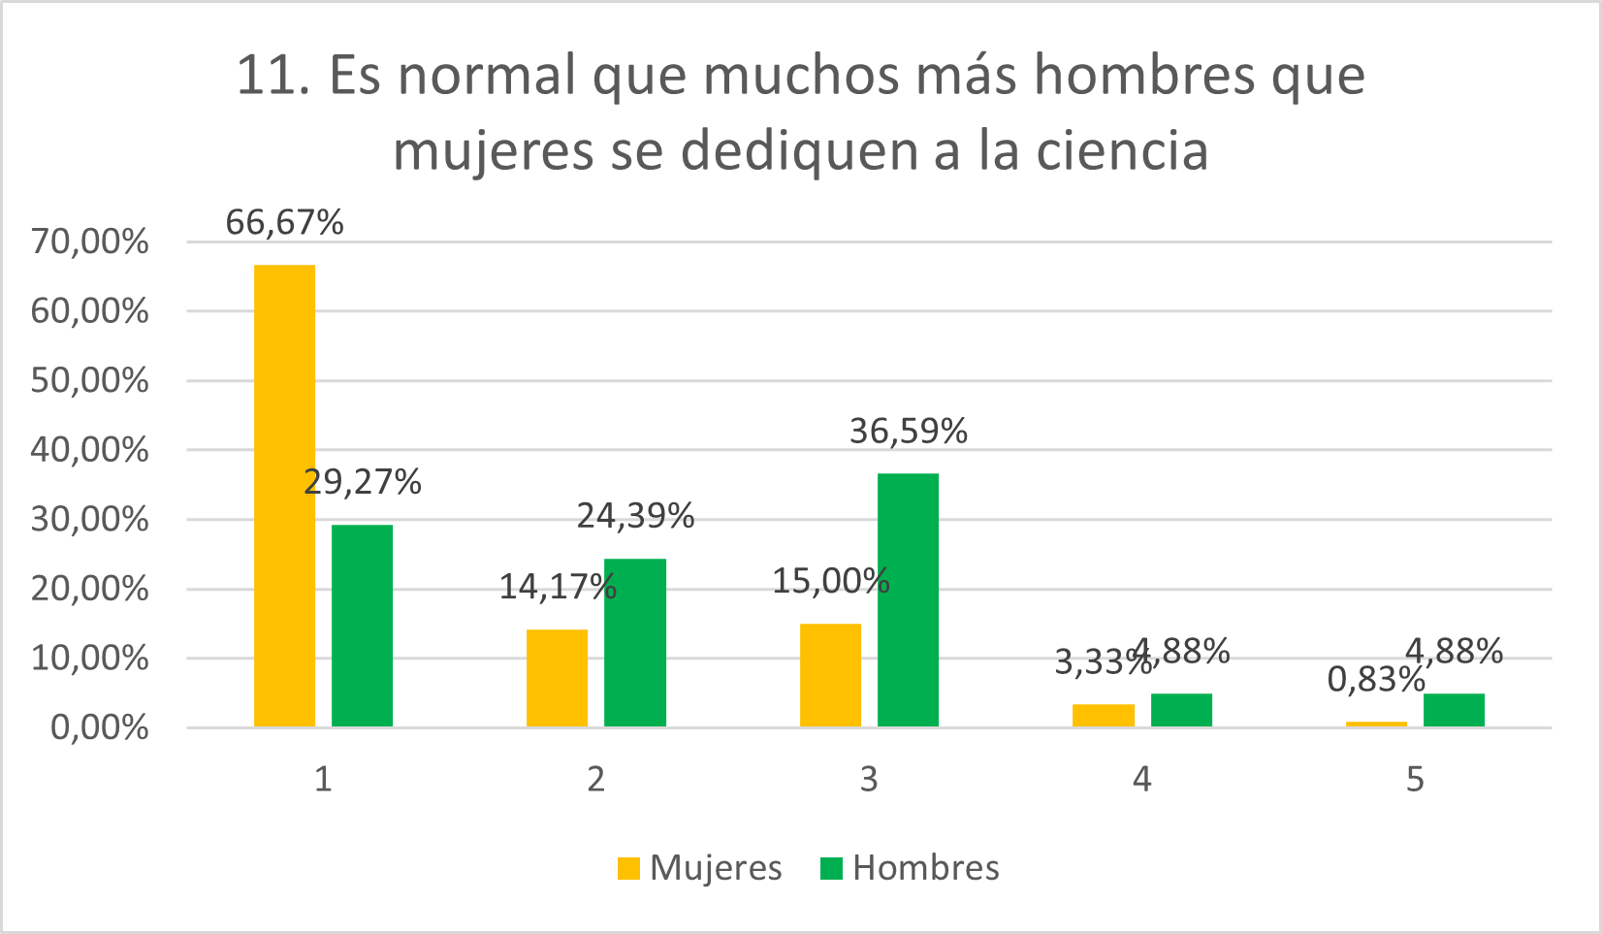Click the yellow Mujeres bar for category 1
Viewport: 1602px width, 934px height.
[284, 495]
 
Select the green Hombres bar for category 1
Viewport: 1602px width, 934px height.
[362, 626]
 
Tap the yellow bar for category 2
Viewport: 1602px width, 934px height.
[557, 678]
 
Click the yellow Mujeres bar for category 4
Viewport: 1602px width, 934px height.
[1103, 715]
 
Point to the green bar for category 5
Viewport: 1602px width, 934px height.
[1454, 710]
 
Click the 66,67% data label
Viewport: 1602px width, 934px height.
[284, 222]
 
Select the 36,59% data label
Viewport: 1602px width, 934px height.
[909, 431]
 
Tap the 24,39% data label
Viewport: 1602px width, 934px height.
[635, 516]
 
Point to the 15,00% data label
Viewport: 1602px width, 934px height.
[830, 581]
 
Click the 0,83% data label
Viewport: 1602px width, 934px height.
[1376, 680]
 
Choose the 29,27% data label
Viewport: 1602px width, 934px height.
[362, 482]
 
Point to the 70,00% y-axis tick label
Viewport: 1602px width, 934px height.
[89, 242]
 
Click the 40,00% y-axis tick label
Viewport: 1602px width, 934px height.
[89, 450]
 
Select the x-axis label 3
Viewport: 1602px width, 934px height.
[869, 779]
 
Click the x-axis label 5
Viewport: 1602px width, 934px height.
[1415, 779]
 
